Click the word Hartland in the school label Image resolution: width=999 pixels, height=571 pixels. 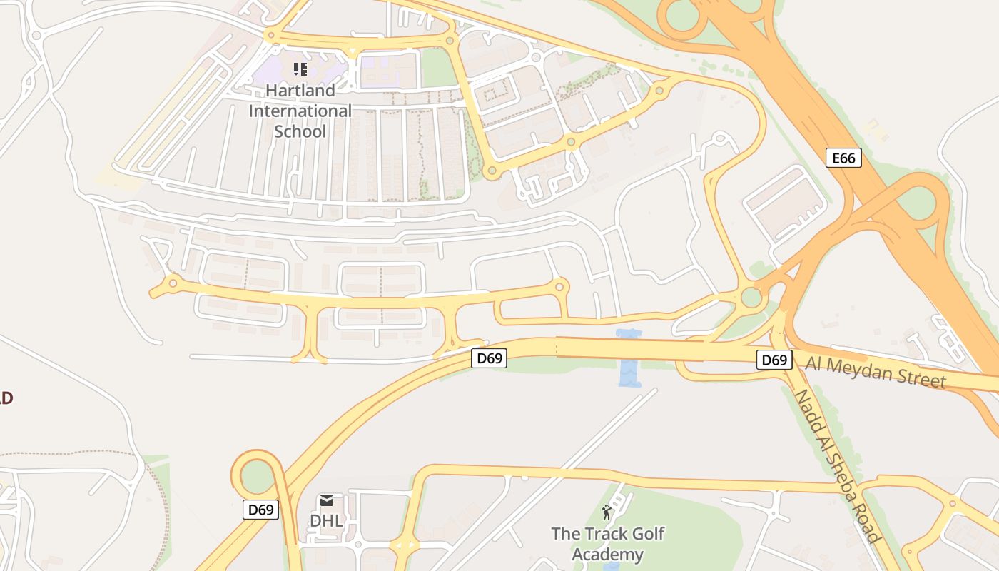point(300,91)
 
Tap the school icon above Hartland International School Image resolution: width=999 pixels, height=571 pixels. point(300,69)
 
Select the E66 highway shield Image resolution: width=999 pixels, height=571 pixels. point(843,158)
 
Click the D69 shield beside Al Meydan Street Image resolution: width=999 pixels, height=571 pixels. point(774,360)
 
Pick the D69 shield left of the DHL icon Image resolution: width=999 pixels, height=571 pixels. point(260,510)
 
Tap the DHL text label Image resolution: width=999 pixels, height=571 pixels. point(326,521)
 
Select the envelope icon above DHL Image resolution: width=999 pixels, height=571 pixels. point(327,500)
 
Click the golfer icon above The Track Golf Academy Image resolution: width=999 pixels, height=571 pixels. point(607,512)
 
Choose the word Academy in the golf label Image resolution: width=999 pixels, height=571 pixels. point(607,555)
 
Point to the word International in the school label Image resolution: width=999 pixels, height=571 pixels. point(300,111)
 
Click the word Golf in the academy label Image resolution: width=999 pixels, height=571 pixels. point(649,534)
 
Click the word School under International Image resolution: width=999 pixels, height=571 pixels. point(300,132)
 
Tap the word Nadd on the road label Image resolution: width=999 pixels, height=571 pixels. point(807,408)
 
